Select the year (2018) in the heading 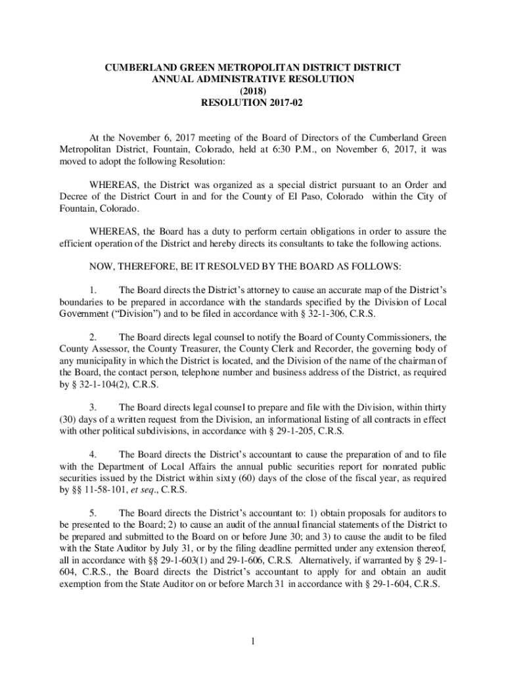pyautogui.click(x=253, y=91)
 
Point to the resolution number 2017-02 pyautogui.click(x=284, y=103)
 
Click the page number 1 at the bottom pyautogui.click(x=253, y=641)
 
